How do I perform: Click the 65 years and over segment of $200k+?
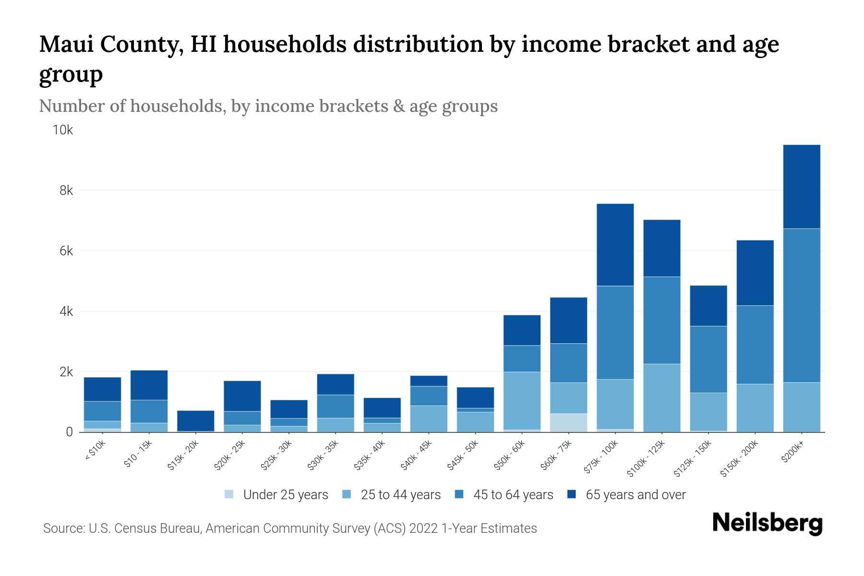point(801,186)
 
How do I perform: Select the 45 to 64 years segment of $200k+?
point(801,305)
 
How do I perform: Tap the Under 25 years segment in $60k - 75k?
point(568,422)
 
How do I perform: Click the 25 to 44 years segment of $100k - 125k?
point(661,397)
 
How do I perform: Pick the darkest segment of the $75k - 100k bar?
point(615,245)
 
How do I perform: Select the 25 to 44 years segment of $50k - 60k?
point(522,400)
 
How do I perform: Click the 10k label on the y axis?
point(63,130)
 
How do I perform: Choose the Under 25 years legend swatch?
point(229,494)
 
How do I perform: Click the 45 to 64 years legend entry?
point(513,495)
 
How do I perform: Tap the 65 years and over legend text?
point(635,495)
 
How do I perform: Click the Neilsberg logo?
point(767,523)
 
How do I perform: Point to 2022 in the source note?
point(423,528)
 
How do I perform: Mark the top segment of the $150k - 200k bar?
point(755,273)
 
